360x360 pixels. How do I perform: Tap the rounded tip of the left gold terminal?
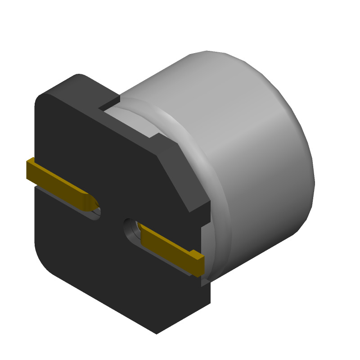click(92, 202)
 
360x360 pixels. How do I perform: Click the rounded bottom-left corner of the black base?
click(45, 261)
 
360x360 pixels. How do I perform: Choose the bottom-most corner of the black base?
click(156, 332)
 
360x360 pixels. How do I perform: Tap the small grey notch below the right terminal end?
click(205, 282)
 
